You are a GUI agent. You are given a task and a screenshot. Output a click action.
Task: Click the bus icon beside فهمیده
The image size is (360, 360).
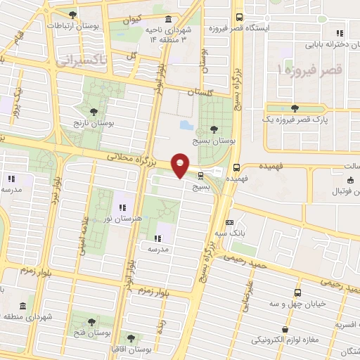pyautogui.click(x=236, y=167)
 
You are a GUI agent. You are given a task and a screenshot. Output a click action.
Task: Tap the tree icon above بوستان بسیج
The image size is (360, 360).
pyautogui.click(x=213, y=129)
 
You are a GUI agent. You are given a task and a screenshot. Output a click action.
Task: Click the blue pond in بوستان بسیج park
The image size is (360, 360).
pyautogui.click(x=185, y=126)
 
